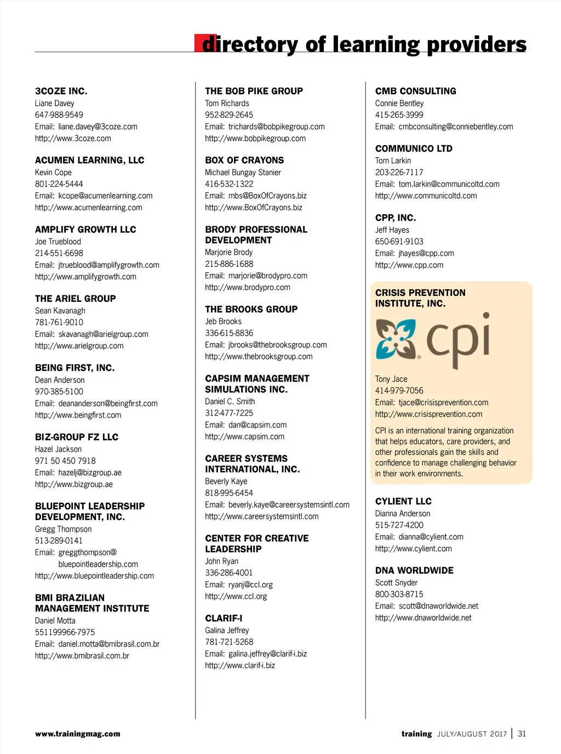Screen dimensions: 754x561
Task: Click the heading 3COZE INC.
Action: click(61, 91)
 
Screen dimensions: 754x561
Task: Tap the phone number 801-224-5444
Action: click(59, 184)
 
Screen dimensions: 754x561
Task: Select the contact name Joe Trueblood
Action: click(58, 242)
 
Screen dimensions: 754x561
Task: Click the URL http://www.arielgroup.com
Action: click(79, 346)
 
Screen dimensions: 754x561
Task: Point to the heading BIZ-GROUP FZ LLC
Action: click(77, 437)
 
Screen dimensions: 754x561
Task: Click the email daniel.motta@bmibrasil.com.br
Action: click(109, 644)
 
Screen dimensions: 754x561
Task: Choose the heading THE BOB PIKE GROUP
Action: click(254, 91)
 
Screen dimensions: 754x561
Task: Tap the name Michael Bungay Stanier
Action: click(243, 173)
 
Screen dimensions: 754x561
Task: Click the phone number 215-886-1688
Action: click(229, 264)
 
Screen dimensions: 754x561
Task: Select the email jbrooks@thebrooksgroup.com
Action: click(277, 345)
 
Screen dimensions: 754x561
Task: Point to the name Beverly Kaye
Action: click(226, 482)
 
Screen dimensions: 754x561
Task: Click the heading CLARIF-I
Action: click(224, 618)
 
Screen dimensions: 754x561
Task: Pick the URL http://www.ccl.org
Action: click(236, 596)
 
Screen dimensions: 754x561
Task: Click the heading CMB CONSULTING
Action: click(415, 91)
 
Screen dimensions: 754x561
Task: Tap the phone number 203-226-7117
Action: click(399, 173)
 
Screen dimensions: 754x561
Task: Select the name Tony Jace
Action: click(391, 379)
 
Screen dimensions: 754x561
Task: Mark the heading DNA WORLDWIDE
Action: click(414, 570)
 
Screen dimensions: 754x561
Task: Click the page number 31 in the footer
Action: click(522, 734)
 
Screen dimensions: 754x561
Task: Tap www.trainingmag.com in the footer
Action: click(78, 734)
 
